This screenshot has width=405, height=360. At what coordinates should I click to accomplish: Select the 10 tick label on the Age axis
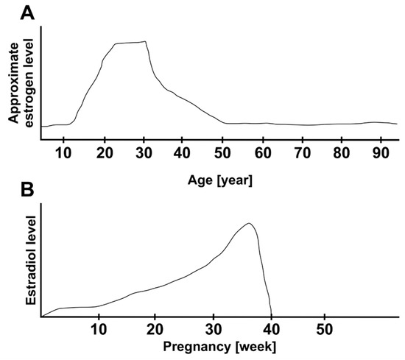click(x=68, y=153)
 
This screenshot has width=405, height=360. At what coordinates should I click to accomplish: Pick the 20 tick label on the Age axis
click(x=106, y=153)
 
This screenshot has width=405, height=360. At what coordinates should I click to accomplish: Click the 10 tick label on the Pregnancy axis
click(x=98, y=326)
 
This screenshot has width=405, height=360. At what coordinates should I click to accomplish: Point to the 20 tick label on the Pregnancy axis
click(x=155, y=326)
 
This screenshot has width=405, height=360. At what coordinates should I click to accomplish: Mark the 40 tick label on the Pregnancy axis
click(x=271, y=326)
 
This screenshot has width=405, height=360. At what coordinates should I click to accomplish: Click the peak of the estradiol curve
click(x=250, y=223)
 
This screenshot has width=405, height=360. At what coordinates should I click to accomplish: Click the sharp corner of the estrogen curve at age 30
click(x=146, y=42)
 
